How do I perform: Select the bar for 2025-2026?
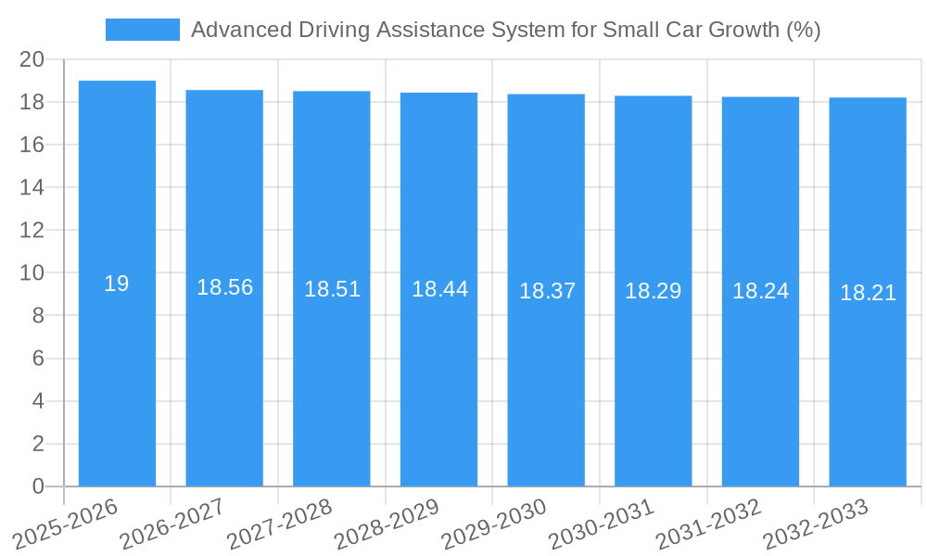coord(117,371)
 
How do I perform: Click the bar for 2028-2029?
coord(438,371)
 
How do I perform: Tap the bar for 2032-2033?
coord(868,371)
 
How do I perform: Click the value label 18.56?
coord(224,287)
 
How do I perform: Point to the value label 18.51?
coord(332,289)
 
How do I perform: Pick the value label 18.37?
coord(547,291)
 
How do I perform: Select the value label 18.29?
coord(653,291)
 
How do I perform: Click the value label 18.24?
coord(760,291)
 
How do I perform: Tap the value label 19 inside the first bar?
coord(117,284)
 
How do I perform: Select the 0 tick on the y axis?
coord(38,486)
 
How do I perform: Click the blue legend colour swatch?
coord(143,30)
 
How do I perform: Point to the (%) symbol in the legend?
coord(803,30)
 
